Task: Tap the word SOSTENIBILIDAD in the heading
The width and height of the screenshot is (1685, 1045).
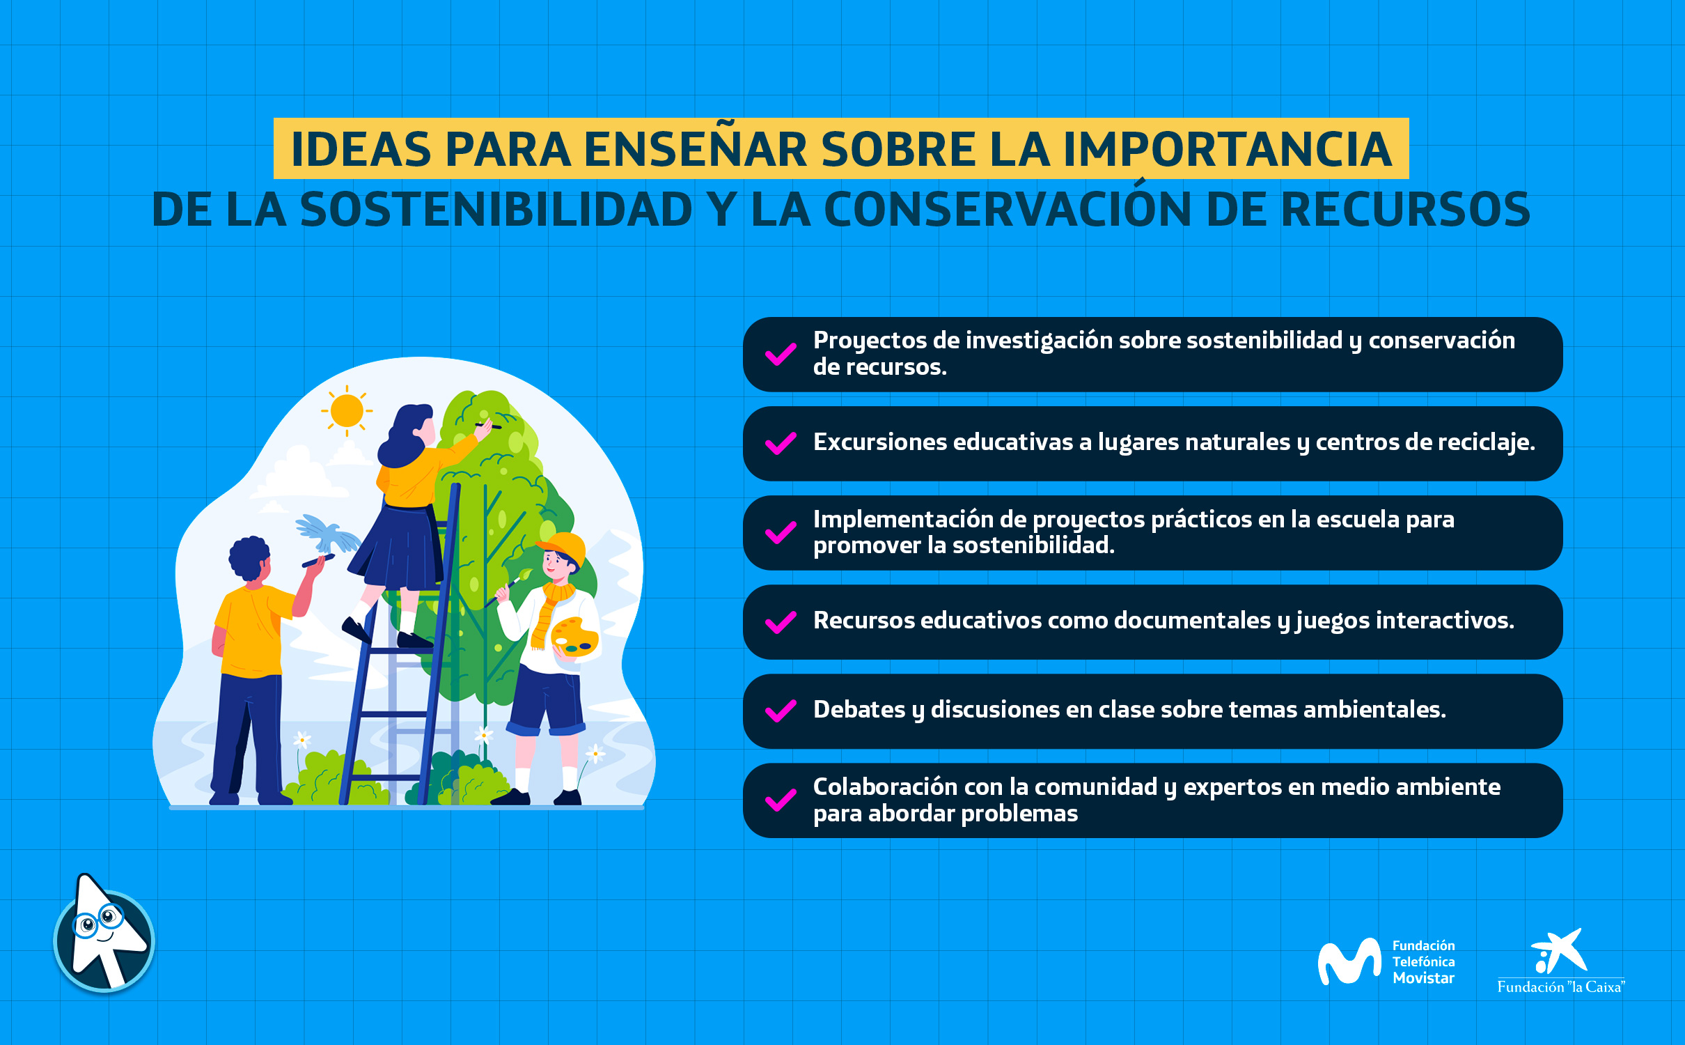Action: coord(496,210)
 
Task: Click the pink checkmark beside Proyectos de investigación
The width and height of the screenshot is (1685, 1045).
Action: coord(781,354)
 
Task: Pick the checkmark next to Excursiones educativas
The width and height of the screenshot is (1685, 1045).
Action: coord(781,443)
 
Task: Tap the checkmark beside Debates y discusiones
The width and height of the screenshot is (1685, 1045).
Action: coord(781,711)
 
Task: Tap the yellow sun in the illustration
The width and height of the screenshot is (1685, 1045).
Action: coord(347,410)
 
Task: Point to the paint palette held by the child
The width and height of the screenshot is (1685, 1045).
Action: coord(574,637)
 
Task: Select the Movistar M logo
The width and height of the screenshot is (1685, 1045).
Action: coord(1349,961)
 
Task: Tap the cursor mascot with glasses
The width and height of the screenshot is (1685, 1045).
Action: coord(104,934)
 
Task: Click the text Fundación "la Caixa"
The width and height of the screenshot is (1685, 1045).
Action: coord(1561,986)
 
